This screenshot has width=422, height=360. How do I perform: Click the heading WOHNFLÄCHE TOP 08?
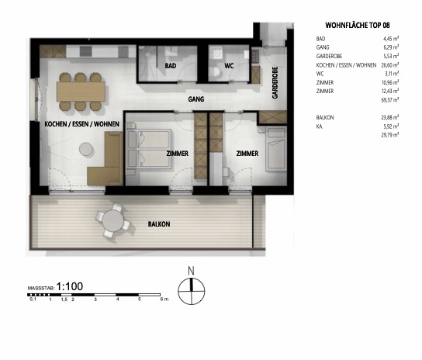coord(346,24)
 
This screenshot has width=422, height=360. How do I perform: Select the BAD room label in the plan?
coord(171,67)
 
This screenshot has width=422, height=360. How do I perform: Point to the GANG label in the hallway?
coord(196,100)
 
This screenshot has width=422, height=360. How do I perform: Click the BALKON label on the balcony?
coord(159,223)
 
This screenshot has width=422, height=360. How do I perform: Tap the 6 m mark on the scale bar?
coord(161,299)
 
